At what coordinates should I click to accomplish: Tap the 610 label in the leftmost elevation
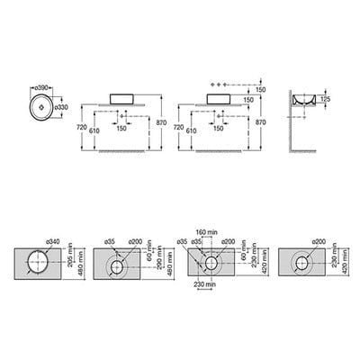(x=94, y=130)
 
